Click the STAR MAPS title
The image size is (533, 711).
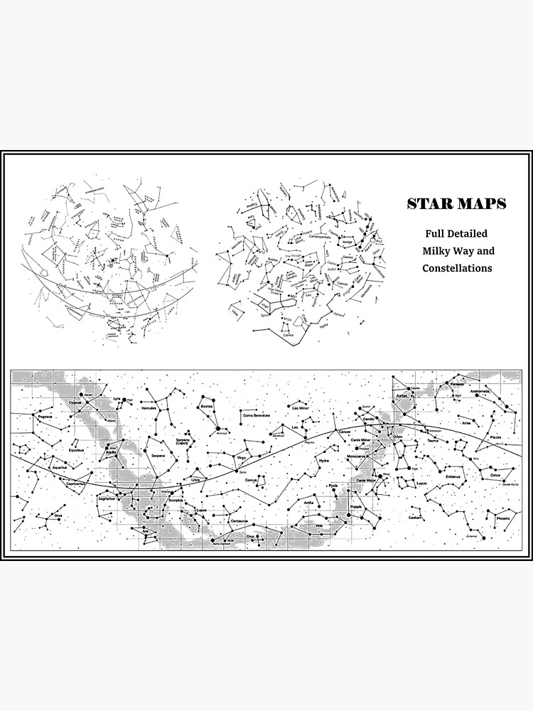tap(456, 204)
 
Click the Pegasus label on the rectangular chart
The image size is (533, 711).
tap(46, 417)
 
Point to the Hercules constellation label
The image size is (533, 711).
tap(149, 409)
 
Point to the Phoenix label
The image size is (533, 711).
tap(503, 519)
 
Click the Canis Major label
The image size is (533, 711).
tap(366, 479)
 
